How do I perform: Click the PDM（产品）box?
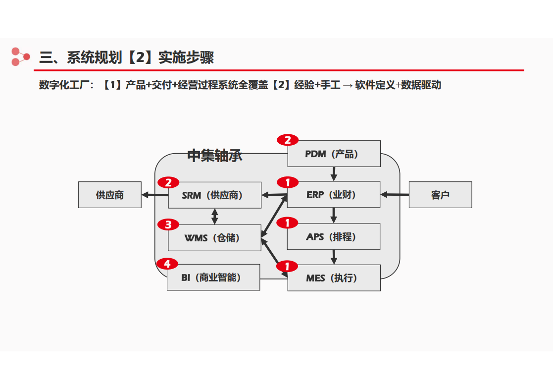tap(334, 154)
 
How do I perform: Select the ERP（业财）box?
tap(334, 194)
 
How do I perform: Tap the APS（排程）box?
tap(334, 236)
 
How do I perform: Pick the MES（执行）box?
tap(334, 278)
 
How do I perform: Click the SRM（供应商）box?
tap(215, 195)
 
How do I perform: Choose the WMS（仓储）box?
tap(214, 238)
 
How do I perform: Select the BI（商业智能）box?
tap(213, 278)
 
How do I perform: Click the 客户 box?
tap(441, 195)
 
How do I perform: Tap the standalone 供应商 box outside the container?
tap(110, 195)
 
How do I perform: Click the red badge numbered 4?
tap(167, 264)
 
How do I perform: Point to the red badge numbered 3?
tap(168, 224)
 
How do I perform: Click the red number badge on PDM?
tap(288, 140)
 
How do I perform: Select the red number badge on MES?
tap(287, 266)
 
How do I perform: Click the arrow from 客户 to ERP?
tap(395, 194)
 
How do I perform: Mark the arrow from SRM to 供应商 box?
tap(155, 195)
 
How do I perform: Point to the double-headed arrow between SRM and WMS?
tap(214, 217)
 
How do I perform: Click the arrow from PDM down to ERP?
tap(334, 174)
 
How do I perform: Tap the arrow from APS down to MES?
tap(334, 257)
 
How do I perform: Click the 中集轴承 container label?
tap(215, 155)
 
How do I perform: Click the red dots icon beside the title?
tap(20, 57)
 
